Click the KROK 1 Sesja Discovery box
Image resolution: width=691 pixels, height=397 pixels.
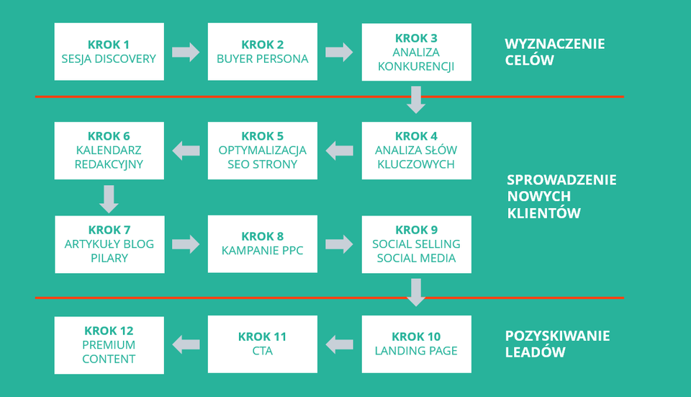[109, 52]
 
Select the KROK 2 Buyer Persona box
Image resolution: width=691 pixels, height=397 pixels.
[262, 52]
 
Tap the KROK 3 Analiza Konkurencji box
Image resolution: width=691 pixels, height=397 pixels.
[417, 52]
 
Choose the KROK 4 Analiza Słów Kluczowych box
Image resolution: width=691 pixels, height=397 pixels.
[417, 151]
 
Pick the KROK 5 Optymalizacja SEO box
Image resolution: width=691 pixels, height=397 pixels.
[262, 151]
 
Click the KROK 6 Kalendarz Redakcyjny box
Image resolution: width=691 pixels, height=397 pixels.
[109, 151]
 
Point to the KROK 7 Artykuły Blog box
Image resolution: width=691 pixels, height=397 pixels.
[109, 244]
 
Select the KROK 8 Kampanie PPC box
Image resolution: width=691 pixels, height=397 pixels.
[262, 244]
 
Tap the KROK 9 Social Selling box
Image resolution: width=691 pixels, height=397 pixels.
[417, 244]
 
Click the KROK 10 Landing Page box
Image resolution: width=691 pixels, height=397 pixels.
[417, 344]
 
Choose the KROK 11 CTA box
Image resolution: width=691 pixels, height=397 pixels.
[262, 344]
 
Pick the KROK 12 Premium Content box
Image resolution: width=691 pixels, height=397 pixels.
[109, 345]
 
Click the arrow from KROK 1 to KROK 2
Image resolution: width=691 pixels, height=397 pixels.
[186, 52]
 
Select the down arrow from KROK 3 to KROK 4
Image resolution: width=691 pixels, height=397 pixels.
[416, 99]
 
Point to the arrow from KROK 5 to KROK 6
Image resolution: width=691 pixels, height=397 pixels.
[186, 151]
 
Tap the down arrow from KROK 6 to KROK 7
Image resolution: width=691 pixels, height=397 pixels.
[109, 199]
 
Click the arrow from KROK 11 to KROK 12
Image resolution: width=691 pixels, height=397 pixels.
[186, 344]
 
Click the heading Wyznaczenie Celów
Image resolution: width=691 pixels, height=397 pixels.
[555, 52]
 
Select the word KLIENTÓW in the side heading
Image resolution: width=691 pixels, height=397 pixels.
[544, 213]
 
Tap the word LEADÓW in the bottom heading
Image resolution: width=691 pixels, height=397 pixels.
[535, 352]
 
